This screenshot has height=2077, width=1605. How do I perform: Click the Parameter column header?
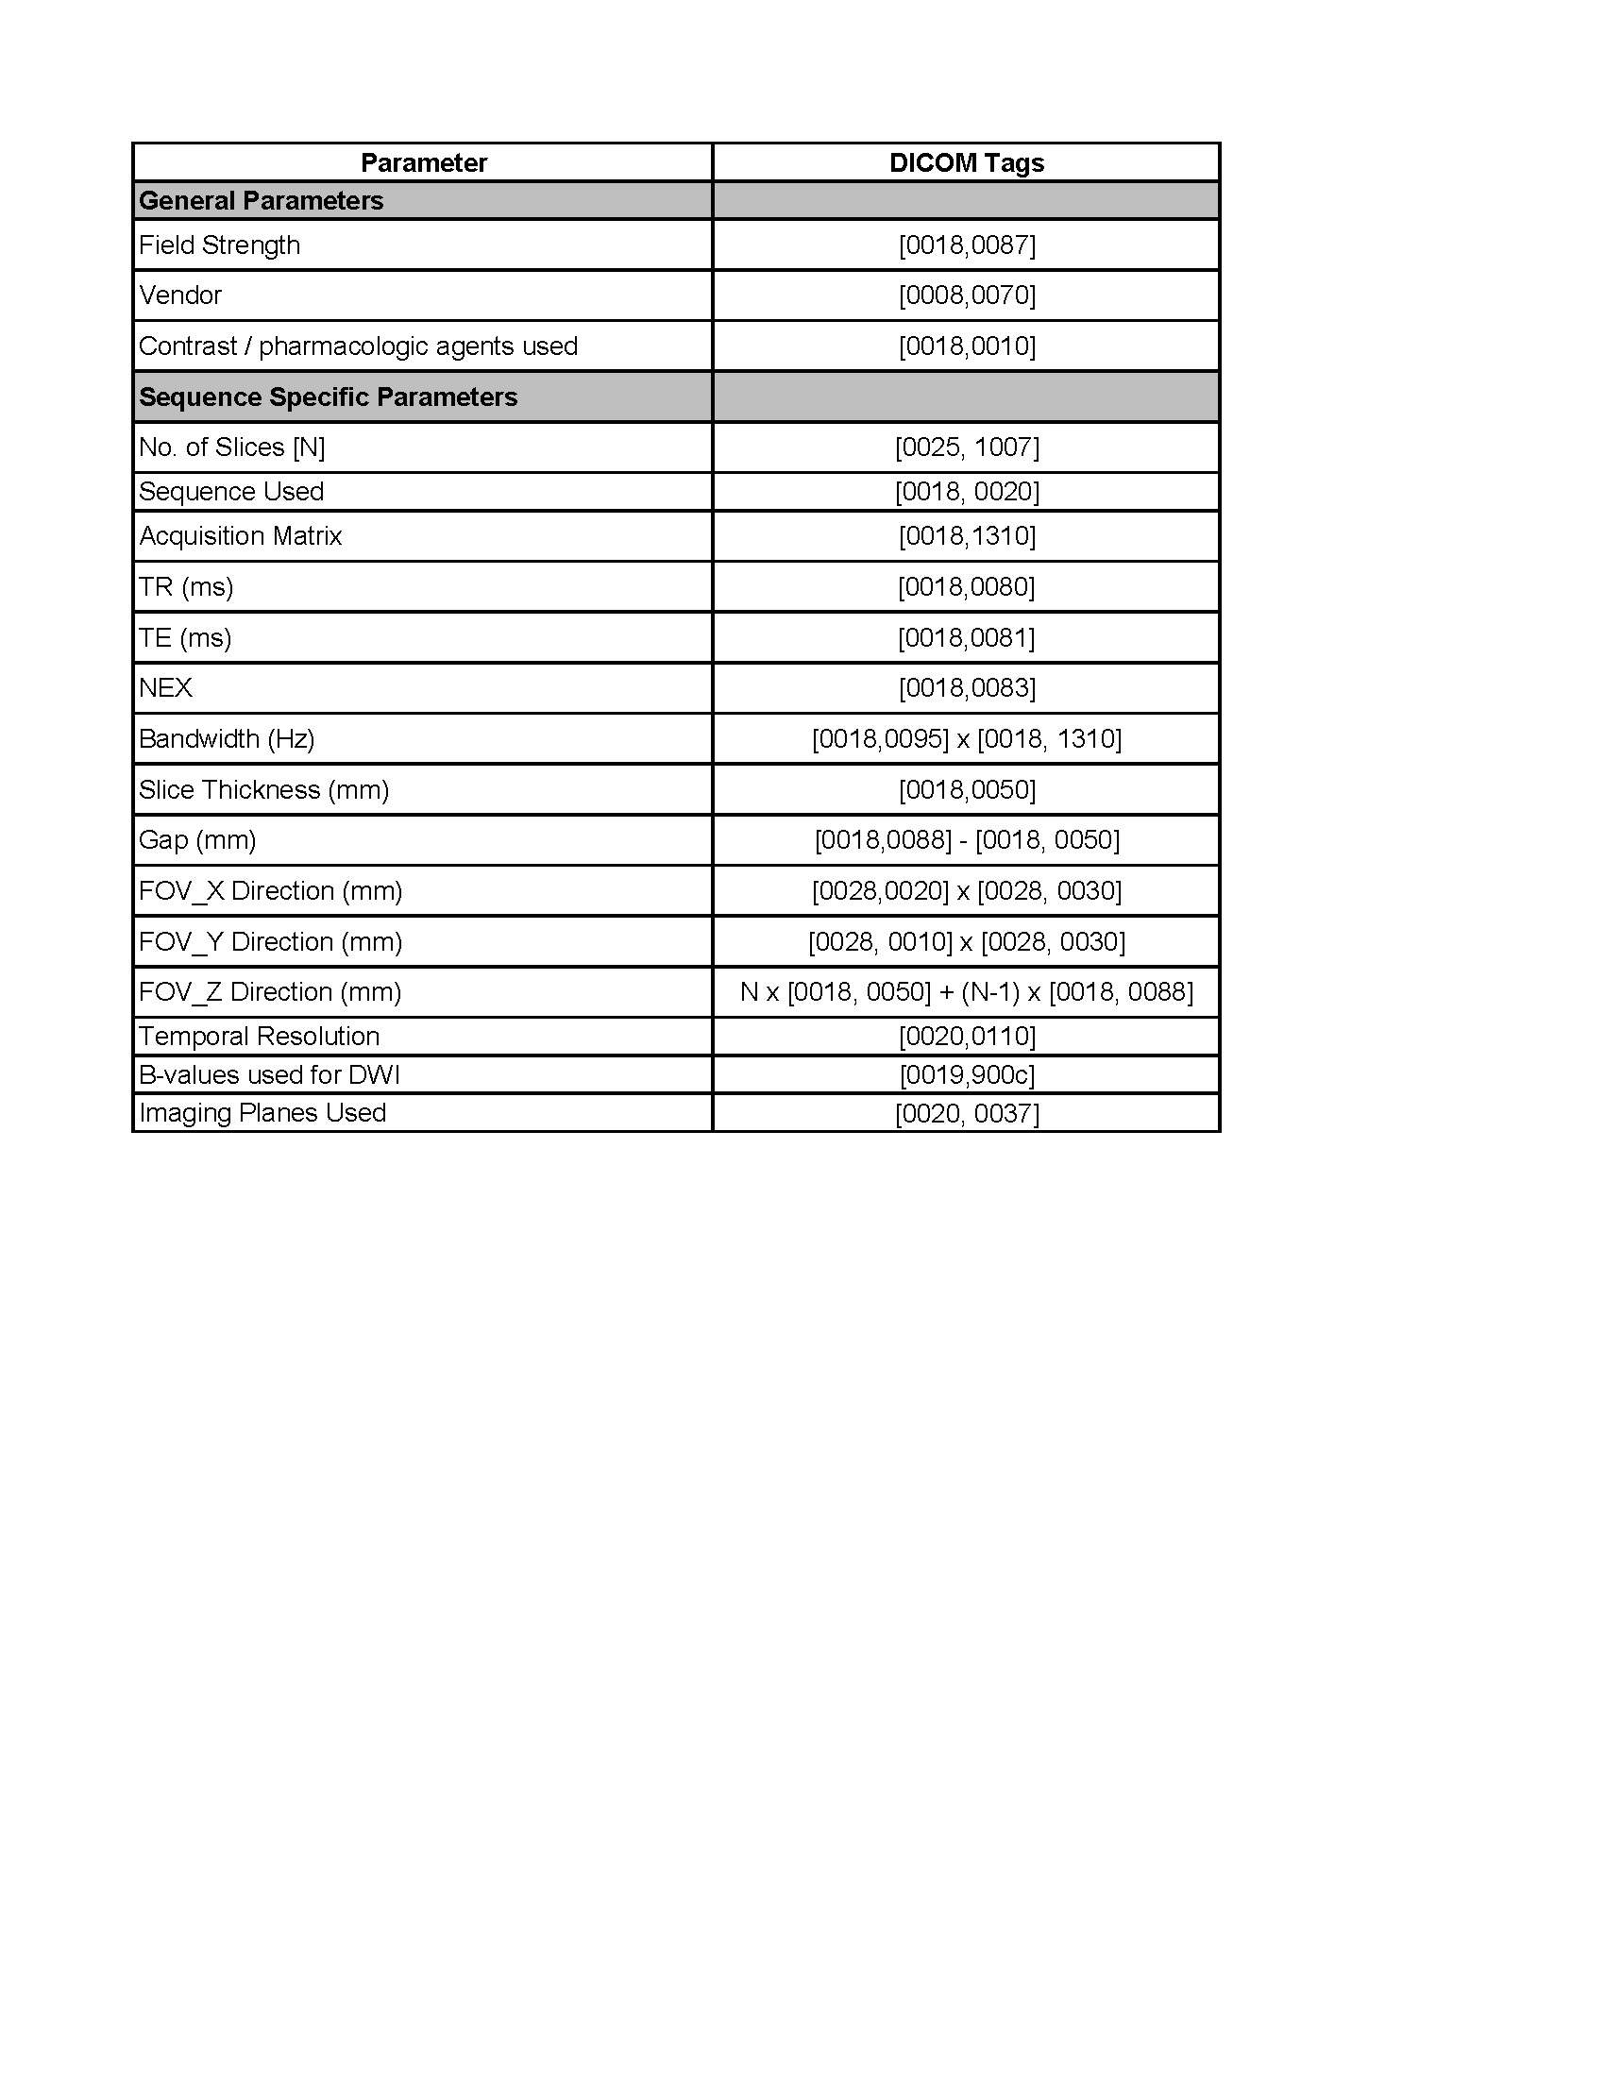click(x=423, y=162)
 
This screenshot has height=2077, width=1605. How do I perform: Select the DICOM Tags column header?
click(x=966, y=162)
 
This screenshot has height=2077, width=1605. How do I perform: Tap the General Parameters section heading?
click(x=262, y=201)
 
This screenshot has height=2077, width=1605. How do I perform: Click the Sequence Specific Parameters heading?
click(x=328, y=397)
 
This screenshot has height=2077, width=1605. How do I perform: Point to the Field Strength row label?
click(x=220, y=245)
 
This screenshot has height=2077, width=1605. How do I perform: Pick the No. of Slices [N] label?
click(x=232, y=447)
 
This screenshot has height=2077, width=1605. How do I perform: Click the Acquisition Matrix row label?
click(x=241, y=536)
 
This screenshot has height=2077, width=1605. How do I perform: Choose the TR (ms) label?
click(x=186, y=587)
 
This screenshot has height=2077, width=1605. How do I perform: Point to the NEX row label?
click(x=165, y=687)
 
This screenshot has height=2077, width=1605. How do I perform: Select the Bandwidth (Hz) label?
click(x=227, y=739)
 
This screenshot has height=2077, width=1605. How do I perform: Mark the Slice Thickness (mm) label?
click(x=264, y=789)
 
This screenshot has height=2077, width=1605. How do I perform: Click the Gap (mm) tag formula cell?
click(x=967, y=839)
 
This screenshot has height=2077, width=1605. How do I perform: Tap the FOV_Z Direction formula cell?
click(x=966, y=992)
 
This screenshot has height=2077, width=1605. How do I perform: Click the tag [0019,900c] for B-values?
click(x=967, y=1074)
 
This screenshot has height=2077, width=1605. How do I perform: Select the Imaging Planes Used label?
click(x=262, y=1113)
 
